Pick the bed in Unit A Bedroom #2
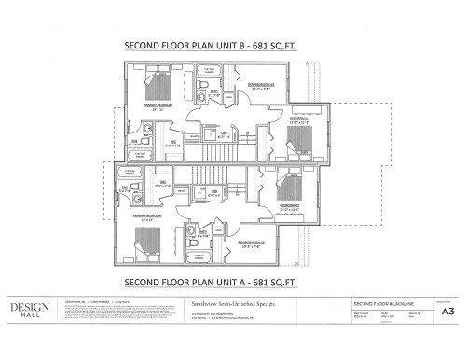[x=301, y=185]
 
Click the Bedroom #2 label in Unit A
[x=291, y=208]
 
